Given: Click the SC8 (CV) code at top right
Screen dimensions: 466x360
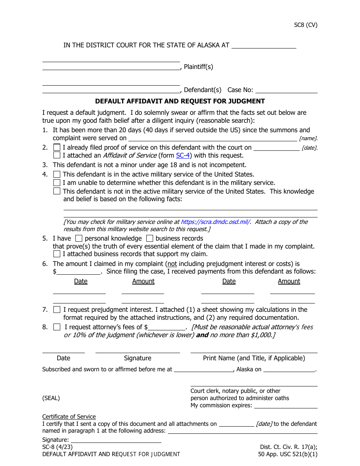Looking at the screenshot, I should (305, 25).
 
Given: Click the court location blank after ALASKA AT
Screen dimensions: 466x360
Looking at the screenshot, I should (264, 45).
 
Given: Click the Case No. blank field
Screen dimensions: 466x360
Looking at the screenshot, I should (286, 90).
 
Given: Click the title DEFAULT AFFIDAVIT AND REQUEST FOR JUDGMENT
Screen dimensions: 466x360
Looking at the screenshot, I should (180, 101).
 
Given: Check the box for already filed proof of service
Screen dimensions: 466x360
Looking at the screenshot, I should (57, 147).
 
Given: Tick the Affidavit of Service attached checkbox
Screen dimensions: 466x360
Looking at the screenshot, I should (57, 155).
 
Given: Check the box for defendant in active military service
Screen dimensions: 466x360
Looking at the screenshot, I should (57, 175).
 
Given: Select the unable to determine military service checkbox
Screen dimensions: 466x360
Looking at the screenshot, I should (57, 183).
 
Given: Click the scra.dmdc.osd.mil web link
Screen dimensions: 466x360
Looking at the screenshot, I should (216, 222).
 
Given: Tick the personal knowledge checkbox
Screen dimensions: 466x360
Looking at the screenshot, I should (78, 239).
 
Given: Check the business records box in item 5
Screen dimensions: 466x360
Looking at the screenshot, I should (150, 239).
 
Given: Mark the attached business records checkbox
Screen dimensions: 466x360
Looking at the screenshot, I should (57, 254).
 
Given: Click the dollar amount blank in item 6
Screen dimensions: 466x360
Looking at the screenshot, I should (78, 272).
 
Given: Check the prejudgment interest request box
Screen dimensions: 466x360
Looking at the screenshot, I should (57, 310).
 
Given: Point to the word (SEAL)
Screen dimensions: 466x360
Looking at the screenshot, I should (51, 398).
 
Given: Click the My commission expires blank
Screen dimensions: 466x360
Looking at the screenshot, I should (286, 405).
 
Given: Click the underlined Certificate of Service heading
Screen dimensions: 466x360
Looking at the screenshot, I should (69, 417).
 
